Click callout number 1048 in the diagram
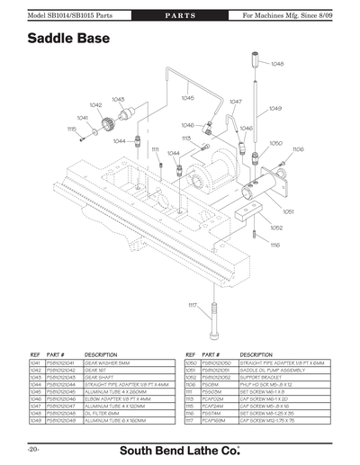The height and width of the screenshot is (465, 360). point(277,64)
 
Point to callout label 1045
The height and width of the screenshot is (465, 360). point(186,97)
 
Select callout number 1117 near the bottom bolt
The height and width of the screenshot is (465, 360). point(192,306)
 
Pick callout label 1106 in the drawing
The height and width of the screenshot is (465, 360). point(298,149)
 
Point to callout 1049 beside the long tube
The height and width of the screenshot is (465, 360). point(275,108)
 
